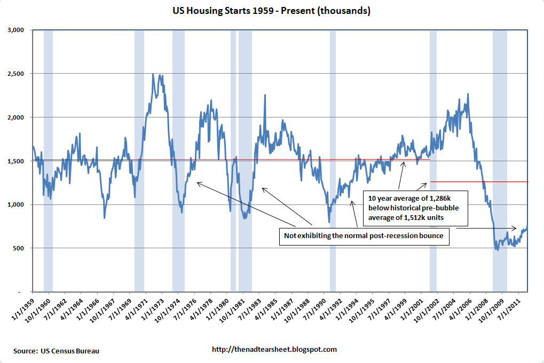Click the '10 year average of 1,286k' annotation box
415,208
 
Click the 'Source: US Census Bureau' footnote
57,351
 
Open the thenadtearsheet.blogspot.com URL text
274,350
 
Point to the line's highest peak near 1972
153,74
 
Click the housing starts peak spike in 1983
265,95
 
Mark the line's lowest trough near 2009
498,250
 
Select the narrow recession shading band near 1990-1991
333,160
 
